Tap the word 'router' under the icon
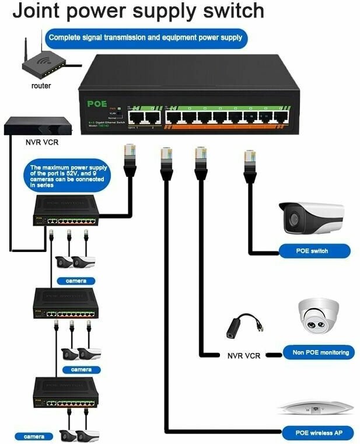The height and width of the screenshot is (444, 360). click(41, 86)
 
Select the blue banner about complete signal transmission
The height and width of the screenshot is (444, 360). click(146, 38)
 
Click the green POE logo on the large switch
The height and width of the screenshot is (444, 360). click(97, 104)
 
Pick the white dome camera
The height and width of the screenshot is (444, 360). click(319, 317)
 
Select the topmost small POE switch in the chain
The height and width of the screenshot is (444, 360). click(66, 211)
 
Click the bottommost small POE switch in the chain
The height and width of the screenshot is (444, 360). click(65, 393)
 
